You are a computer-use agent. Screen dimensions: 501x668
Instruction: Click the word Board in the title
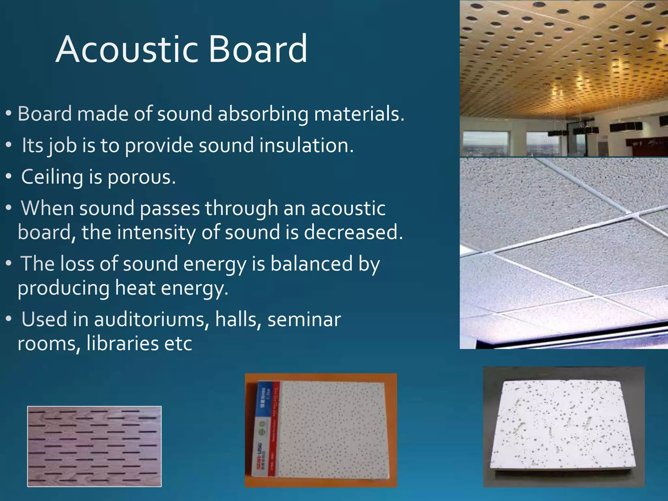click(x=258, y=50)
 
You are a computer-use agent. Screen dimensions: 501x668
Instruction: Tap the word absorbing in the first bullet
click(x=263, y=114)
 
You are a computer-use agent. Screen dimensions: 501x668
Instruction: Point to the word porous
click(x=142, y=177)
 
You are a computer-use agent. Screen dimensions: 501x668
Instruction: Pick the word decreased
click(x=354, y=233)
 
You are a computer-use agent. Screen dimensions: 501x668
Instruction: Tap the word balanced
click(x=311, y=264)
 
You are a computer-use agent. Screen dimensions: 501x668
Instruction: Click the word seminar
click(x=304, y=319)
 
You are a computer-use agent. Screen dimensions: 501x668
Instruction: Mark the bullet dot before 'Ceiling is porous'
click(x=9, y=177)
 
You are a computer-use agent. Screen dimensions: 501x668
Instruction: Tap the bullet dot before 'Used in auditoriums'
click(x=9, y=319)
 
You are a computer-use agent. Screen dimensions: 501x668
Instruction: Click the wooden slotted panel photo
click(x=94, y=446)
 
